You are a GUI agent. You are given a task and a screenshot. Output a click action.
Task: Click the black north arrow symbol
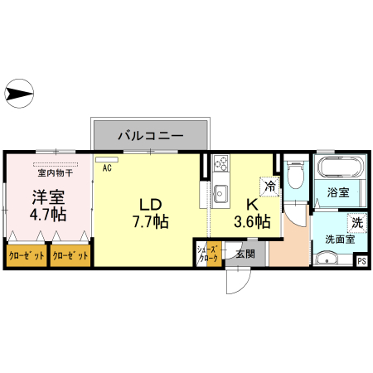(17, 92)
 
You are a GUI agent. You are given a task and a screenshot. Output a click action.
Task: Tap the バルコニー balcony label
(149, 133)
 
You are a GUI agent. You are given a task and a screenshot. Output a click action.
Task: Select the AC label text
(107, 167)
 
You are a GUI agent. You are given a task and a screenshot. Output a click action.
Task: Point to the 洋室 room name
(49, 197)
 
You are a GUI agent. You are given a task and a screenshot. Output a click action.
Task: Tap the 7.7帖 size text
(150, 222)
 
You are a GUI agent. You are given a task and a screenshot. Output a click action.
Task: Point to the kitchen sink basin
(220, 194)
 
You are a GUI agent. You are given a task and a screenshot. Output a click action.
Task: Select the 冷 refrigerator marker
(270, 186)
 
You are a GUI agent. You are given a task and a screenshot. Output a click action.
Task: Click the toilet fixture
(295, 176)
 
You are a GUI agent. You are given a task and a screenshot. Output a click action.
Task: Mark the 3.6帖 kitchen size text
(251, 221)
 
